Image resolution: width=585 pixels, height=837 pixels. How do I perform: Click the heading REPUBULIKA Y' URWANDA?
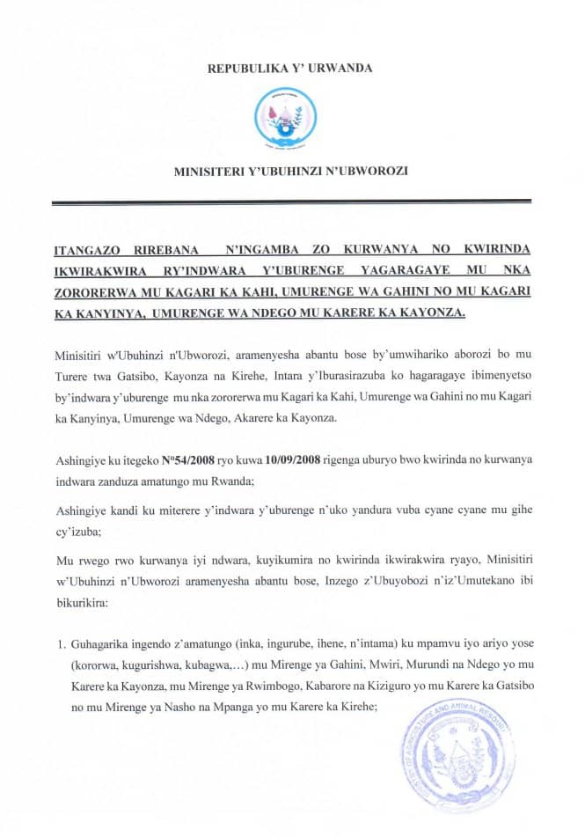[x=290, y=67]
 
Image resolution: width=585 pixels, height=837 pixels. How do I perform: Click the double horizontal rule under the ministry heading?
[x=290, y=202]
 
